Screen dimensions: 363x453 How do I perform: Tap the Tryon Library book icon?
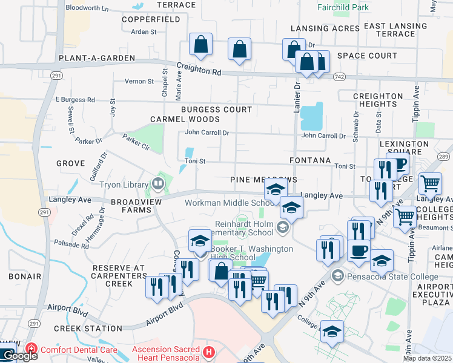[x=158, y=182]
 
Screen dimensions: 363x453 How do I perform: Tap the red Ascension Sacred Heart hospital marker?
[x=210, y=352]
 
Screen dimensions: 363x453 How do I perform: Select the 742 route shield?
[x=339, y=77]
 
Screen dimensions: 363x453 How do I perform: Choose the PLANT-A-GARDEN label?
[x=88, y=58]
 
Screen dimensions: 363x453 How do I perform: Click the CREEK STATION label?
[x=88, y=329]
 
